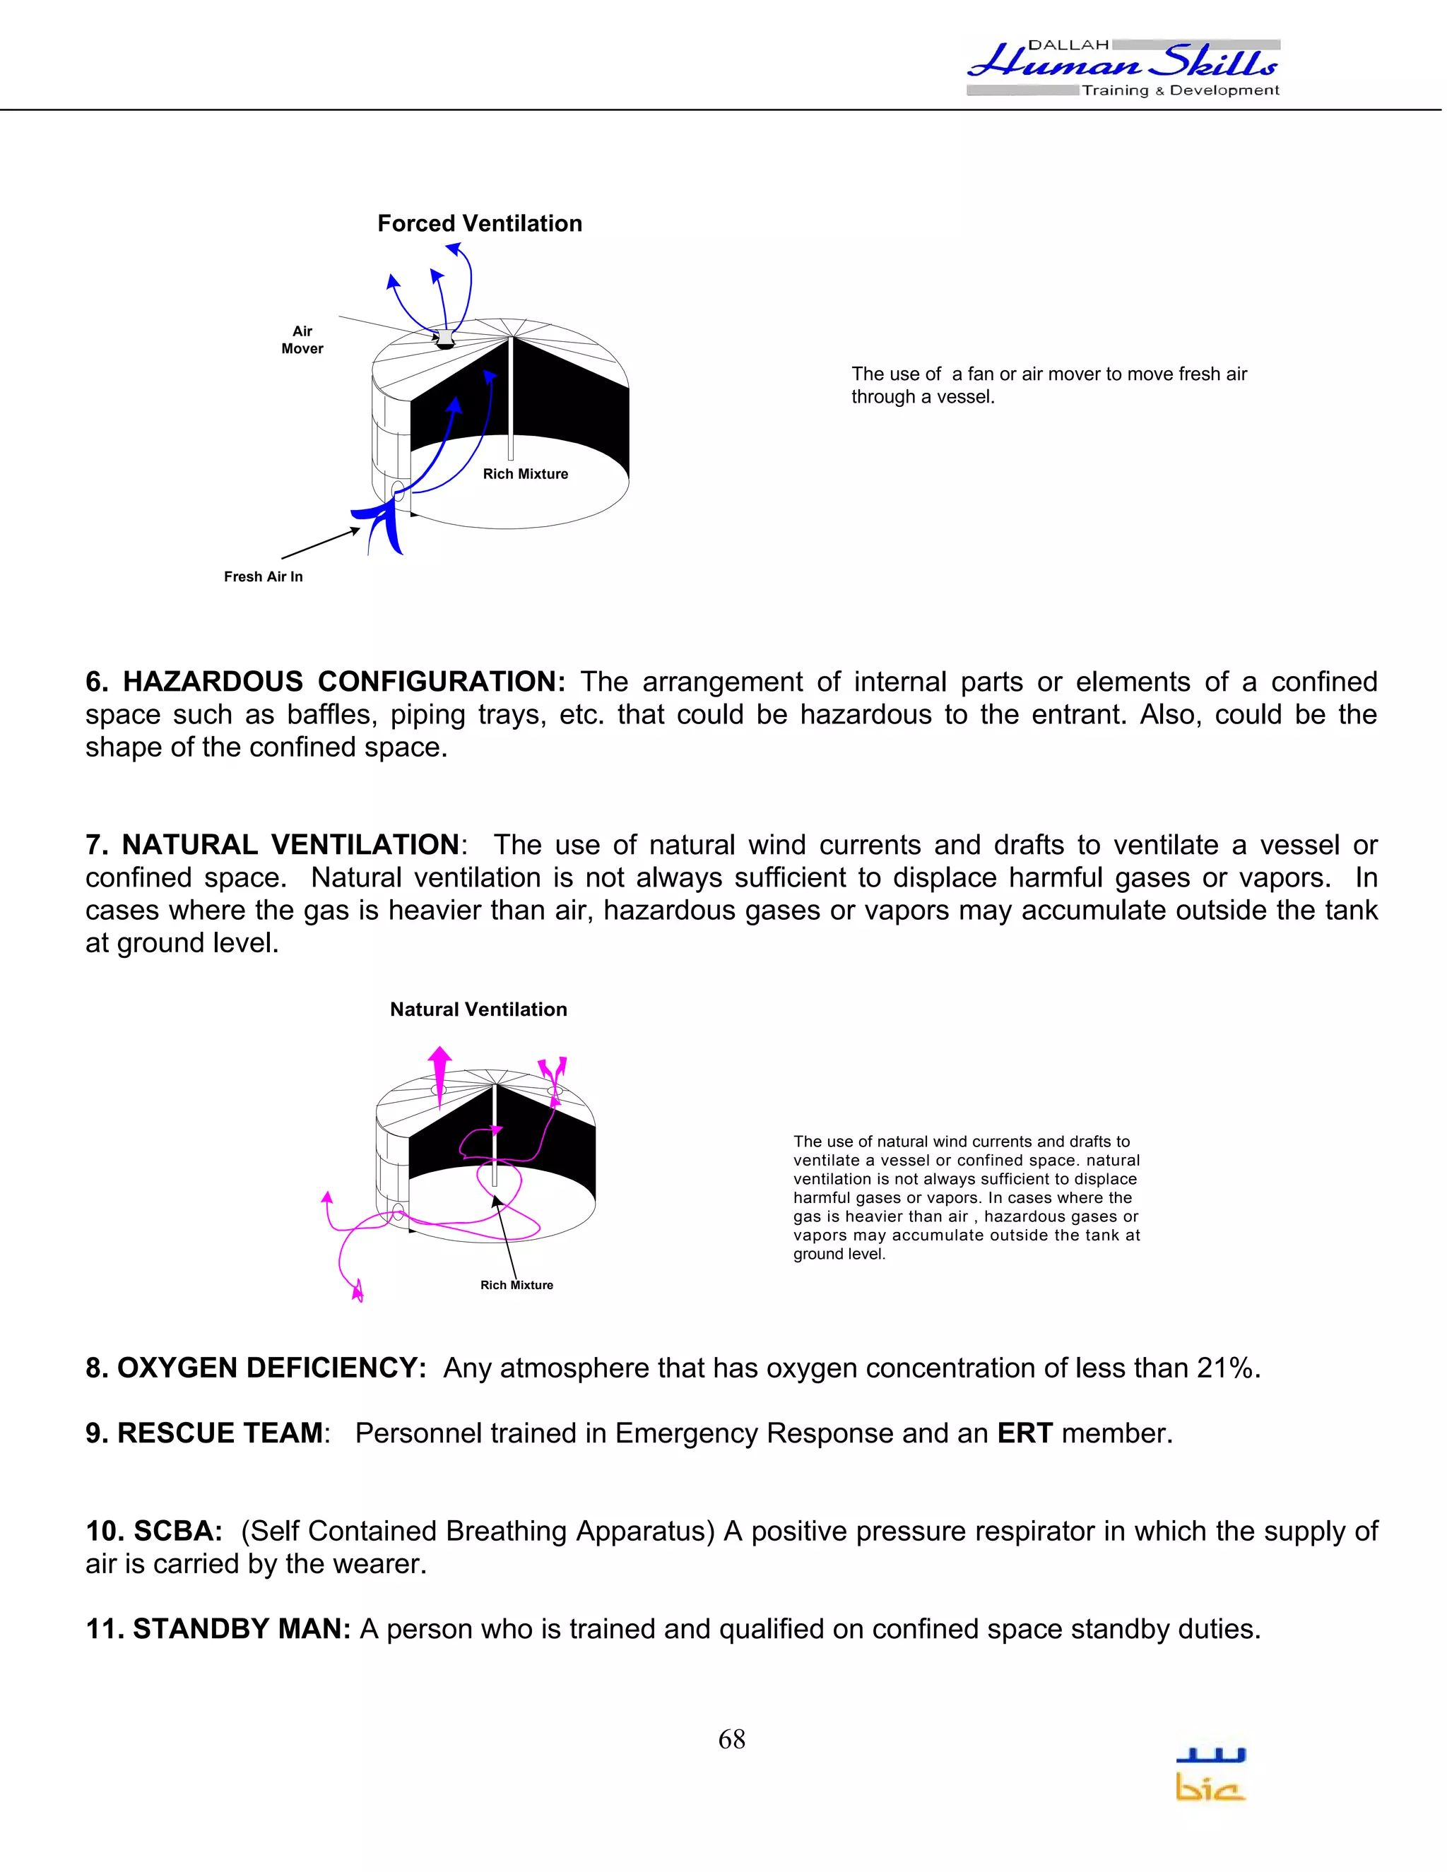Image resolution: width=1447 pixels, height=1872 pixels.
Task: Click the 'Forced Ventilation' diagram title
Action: (479, 224)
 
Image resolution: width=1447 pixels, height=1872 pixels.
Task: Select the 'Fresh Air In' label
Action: (263, 577)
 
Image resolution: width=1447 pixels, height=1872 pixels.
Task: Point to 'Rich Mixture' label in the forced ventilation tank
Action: (525, 474)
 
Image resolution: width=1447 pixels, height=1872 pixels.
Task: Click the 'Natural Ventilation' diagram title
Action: (478, 1009)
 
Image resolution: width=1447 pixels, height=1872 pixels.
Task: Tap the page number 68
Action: (731, 1739)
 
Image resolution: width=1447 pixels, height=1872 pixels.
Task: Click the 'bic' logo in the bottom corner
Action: (1210, 1776)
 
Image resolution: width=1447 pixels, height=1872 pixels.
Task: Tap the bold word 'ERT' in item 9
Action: (1024, 1433)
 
